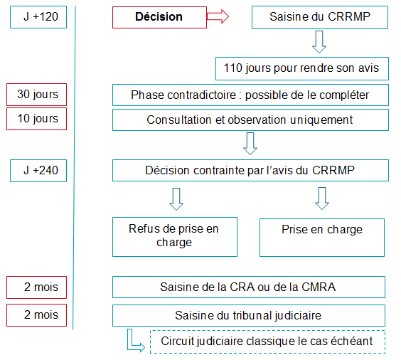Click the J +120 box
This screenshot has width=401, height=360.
click(x=38, y=17)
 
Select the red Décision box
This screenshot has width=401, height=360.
click(x=159, y=17)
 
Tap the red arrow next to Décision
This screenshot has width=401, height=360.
click(x=218, y=16)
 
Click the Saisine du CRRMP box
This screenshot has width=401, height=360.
click(x=320, y=17)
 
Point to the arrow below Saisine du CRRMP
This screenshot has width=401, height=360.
click(x=319, y=42)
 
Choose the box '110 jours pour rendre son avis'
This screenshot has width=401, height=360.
click(x=302, y=68)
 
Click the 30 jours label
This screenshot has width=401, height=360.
click(x=36, y=95)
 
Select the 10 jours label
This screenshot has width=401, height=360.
click(x=36, y=119)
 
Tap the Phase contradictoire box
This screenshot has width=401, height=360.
click(x=250, y=95)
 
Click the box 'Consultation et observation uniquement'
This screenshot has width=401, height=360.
click(x=250, y=120)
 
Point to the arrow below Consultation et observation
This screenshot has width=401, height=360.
click(x=250, y=144)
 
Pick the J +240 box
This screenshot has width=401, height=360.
click(x=38, y=171)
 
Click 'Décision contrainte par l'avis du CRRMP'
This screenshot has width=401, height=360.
click(x=250, y=171)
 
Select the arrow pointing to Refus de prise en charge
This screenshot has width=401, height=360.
click(x=176, y=199)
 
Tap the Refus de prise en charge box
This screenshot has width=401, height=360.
click(x=175, y=237)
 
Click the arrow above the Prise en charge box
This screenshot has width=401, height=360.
click(x=322, y=198)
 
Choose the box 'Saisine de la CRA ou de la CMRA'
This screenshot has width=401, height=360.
click(x=249, y=287)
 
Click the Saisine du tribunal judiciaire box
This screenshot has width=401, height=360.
click(x=249, y=315)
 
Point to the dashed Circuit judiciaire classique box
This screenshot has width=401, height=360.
click(x=268, y=342)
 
